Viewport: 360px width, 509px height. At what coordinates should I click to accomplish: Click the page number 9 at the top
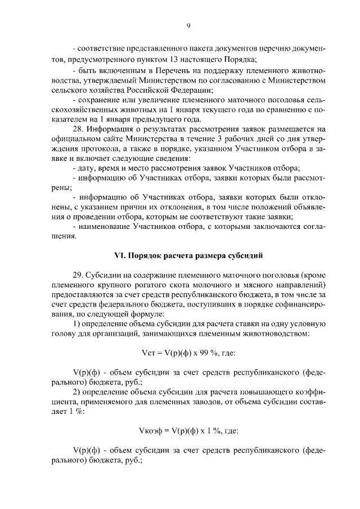click(189, 25)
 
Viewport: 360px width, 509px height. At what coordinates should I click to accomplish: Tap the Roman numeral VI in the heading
click(119, 255)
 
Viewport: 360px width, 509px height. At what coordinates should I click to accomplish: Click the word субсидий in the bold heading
click(245, 255)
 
